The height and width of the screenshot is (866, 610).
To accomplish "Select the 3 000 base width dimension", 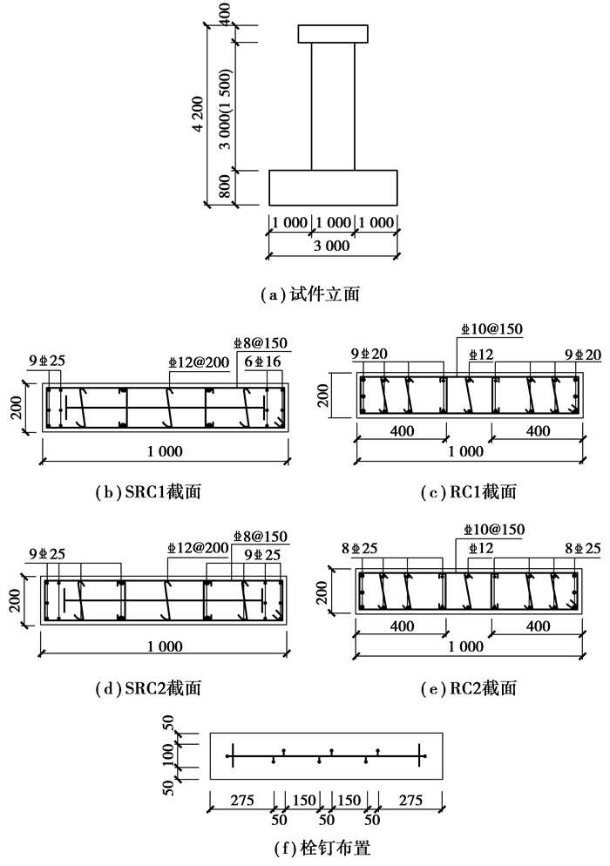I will (331, 246).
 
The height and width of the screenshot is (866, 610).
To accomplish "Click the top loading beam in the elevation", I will (335, 34).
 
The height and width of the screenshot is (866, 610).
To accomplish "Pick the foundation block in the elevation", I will (333, 188).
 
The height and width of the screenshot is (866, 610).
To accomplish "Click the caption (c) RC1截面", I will (469, 492).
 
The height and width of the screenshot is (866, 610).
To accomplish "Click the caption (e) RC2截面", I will (469, 688).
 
